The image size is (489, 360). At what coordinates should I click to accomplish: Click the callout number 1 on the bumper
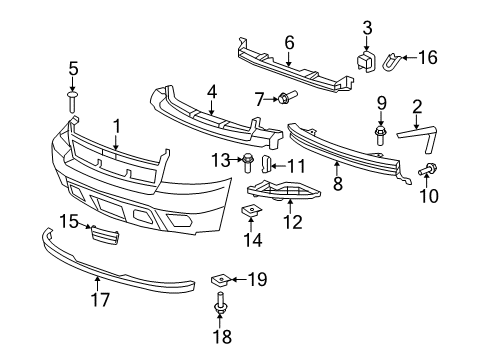pyautogui.click(x=116, y=125)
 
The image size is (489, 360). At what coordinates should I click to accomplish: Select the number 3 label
pyautogui.click(x=367, y=27)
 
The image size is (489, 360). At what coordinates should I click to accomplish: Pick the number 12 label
pyautogui.click(x=292, y=221)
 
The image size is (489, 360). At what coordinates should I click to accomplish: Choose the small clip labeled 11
pyautogui.click(x=267, y=164)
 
